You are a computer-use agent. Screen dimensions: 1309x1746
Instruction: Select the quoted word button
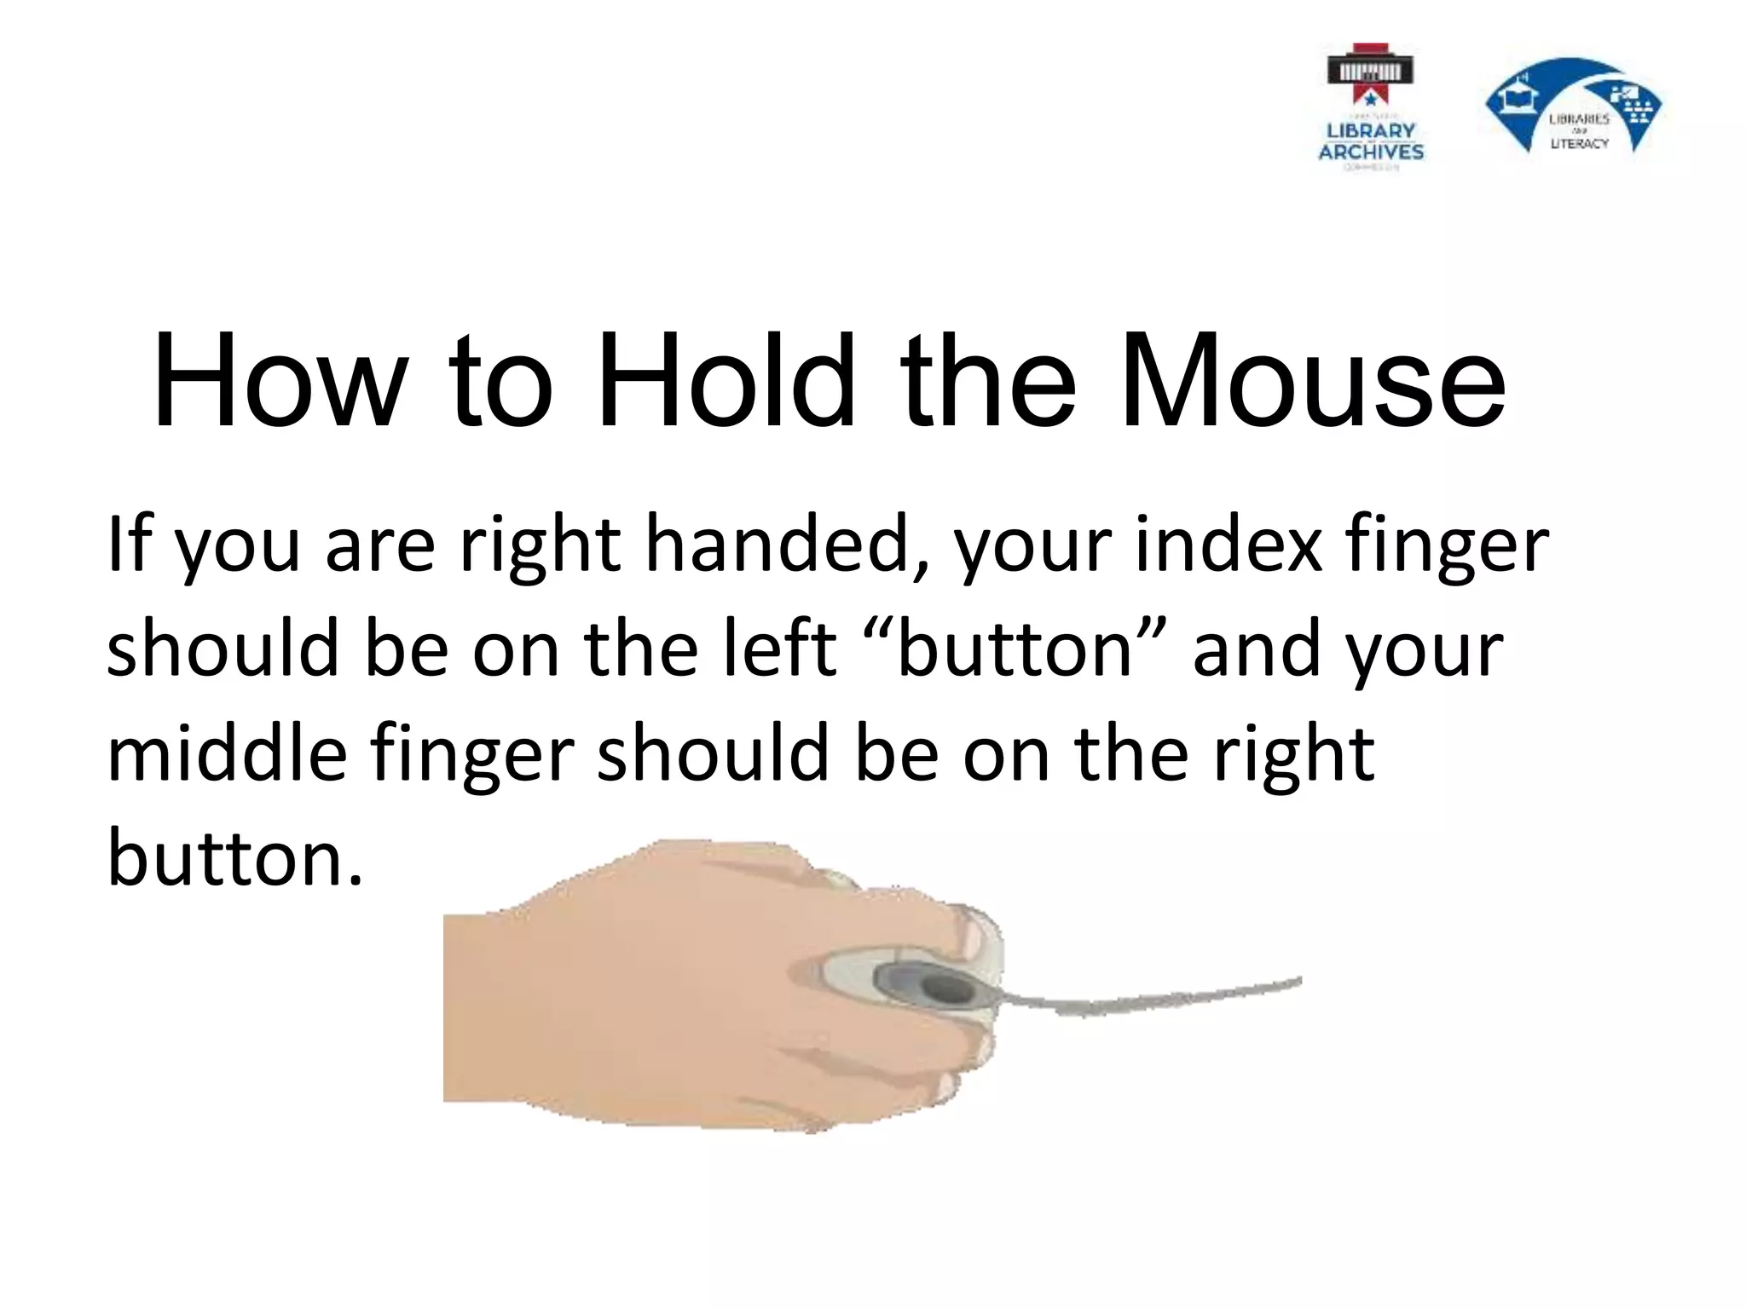(x=1015, y=649)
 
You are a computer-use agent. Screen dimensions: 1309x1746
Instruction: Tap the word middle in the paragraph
(x=227, y=753)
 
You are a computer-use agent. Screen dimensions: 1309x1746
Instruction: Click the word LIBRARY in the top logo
(x=1371, y=131)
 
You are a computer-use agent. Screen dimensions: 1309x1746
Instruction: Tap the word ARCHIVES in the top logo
(x=1371, y=153)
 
